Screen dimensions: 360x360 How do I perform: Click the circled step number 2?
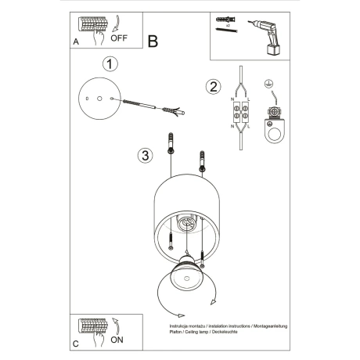(x=211, y=86)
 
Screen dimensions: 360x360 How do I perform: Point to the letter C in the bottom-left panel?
(x=75, y=344)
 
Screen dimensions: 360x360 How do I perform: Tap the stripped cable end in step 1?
(x=181, y=112)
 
